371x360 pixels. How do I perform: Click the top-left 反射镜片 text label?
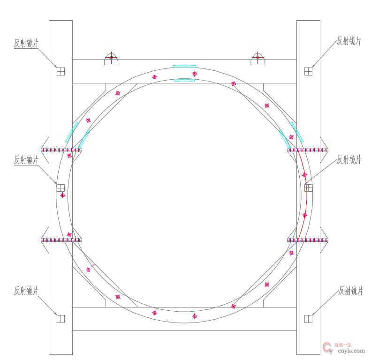(x=26, y=43)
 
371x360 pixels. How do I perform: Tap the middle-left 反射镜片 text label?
(x=26, y=160)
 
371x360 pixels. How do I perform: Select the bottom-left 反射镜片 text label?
(x=26, y=291)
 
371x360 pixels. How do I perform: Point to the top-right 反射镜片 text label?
(x=349, y=41)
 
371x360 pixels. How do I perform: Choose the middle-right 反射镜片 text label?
(x=349, y=160)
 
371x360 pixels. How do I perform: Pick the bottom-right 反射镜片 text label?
(x=350, y=291)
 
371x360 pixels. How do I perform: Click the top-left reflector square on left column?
(x=61, y=71)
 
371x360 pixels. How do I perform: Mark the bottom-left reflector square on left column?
(x=61, y=319)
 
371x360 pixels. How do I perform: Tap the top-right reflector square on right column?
(x=308, y=71)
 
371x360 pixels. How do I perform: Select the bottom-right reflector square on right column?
(x=308, y=319)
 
